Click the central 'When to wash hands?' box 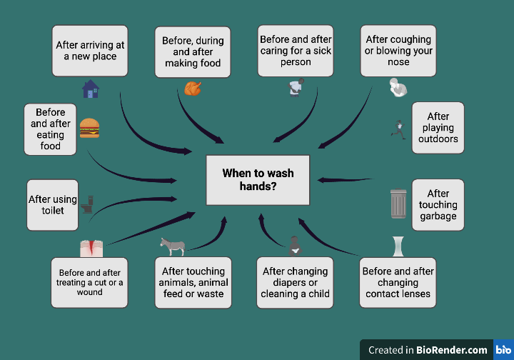point(258,179)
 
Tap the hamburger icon point(89,128)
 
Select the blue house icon point(91,89)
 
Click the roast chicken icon point(192,89)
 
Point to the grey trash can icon point(398,204)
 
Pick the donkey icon point(173,246)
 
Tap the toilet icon point(89,204)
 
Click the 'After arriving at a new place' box point(90,51)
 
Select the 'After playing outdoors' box point(438,128)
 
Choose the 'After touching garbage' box point(438,204)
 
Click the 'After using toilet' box point(52,205)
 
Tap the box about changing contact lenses point(398,282)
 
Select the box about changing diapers point(295,282)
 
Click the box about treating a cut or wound point(90,282)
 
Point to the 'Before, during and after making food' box point(193,52)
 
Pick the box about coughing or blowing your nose point(398,51)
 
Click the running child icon point(398,129)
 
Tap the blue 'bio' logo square point(503,349)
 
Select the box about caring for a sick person point(295,51)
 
